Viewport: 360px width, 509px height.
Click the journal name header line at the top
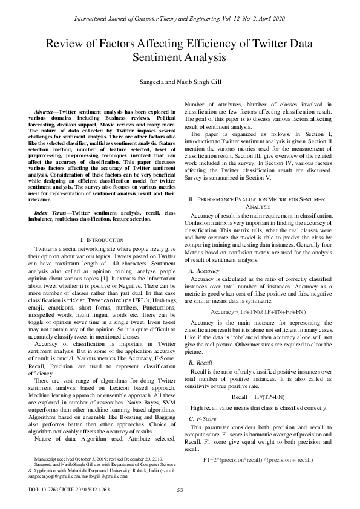click(180, 19)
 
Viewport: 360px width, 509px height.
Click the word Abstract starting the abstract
click(47, 112)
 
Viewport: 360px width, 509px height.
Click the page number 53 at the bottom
click(180, 490)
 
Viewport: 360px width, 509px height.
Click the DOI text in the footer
click(67, 490)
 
